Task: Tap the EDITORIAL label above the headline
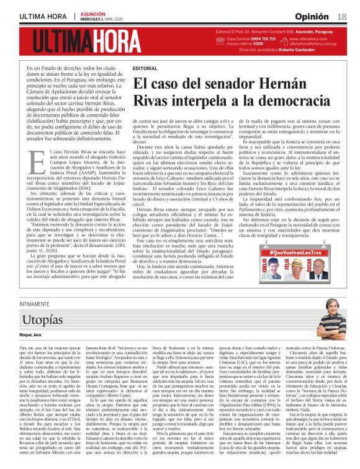(x=145, y=68)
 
